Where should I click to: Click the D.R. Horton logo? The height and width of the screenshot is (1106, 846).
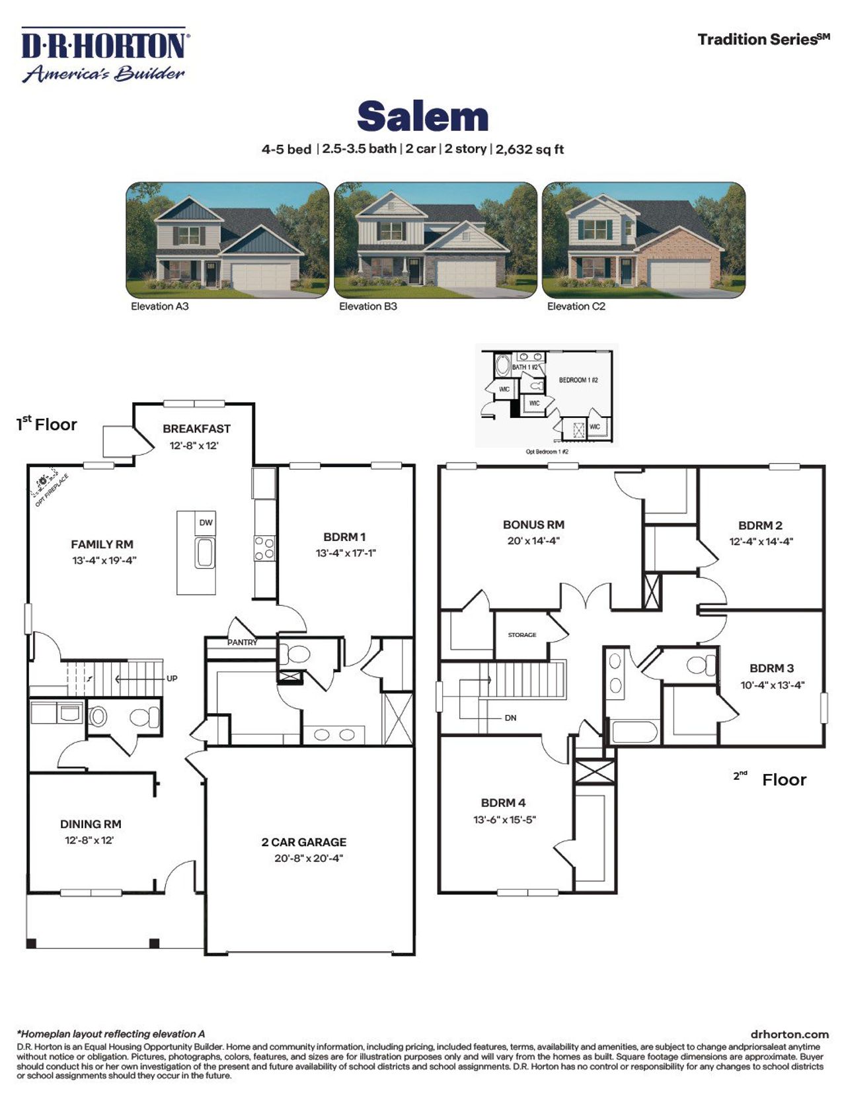point(104,55)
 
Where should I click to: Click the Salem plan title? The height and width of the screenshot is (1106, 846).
point(422,116)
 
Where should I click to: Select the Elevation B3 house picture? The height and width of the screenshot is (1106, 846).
point(435,239)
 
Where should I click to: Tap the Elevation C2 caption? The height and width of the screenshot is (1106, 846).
point(576,306)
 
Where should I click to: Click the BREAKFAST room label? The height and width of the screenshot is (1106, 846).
point(196,429)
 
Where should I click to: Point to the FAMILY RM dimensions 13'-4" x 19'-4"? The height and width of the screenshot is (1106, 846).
point(104,560)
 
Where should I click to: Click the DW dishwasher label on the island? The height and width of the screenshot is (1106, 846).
point(206,523)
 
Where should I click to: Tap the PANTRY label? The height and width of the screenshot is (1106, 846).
point(243,642)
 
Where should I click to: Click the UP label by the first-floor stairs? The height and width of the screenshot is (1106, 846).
point(172,679)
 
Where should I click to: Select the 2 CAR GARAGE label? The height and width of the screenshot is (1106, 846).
point(303,842)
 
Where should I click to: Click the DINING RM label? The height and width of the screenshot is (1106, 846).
point(91,824)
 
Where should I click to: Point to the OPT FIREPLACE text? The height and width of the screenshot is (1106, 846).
point(52,491)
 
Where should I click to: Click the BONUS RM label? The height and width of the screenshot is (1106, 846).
point(533,525)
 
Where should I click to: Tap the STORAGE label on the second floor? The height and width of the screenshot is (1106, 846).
point(522,635)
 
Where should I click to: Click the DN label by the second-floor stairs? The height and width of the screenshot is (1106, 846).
point(510,718)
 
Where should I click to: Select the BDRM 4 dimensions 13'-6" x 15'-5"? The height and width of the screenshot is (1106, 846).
point(504,820)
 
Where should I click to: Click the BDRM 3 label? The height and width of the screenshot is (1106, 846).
point(771,668)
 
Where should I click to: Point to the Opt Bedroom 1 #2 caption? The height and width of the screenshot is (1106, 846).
point(547,452)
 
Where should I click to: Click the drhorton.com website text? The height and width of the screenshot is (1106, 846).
point(789,1034)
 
